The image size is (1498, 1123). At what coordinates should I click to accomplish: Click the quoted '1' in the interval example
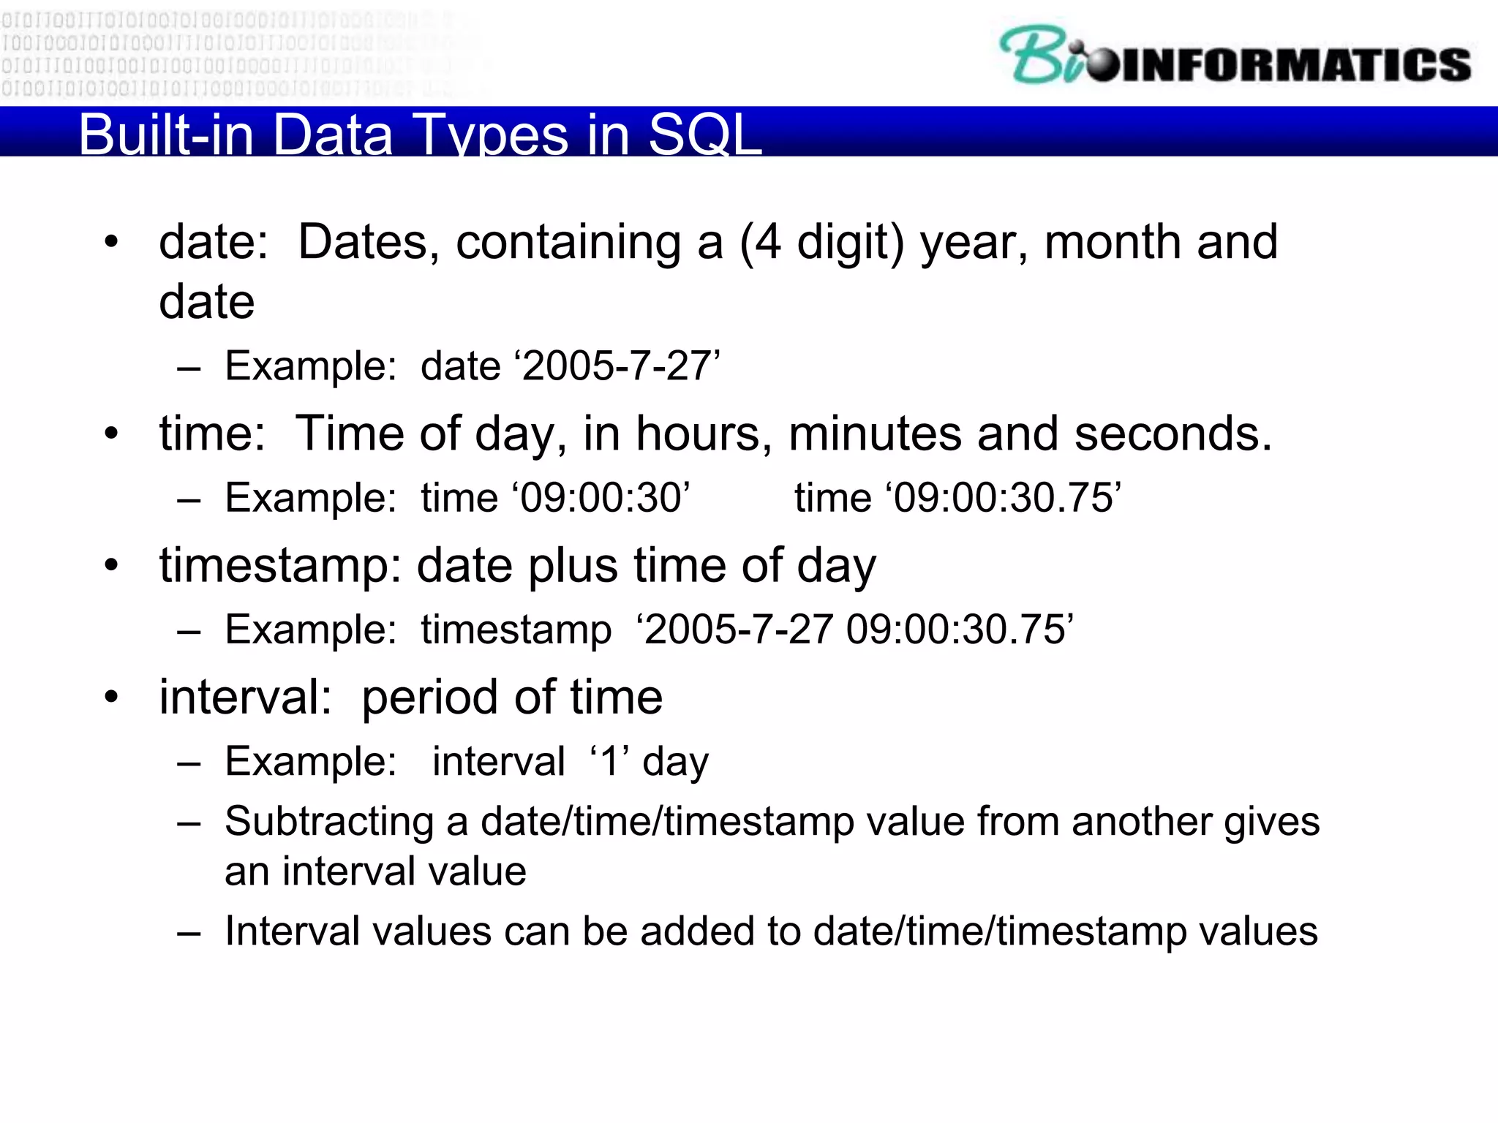[x=609, y=762]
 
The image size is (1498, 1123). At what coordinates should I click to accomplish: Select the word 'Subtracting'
[x=328, y=821]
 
